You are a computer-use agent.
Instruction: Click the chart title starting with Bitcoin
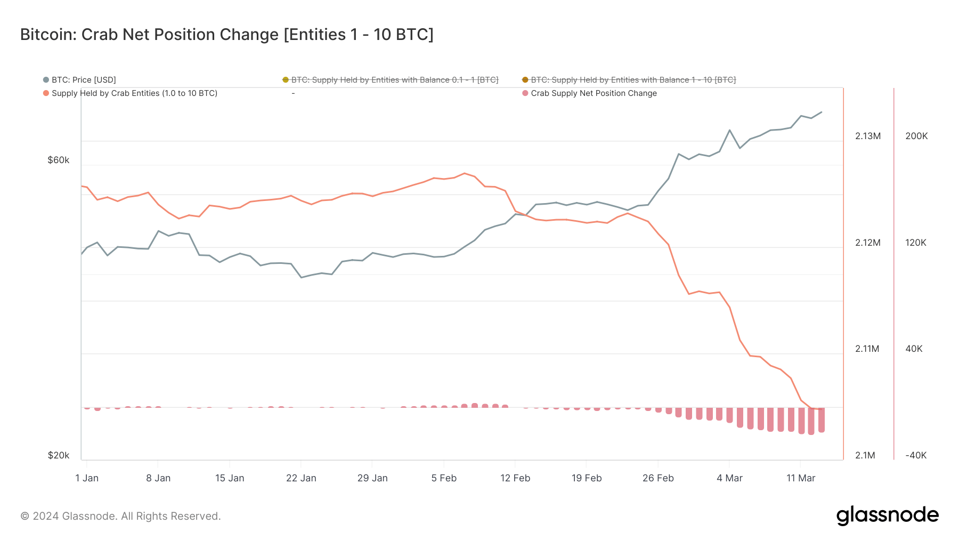click(x=226, y=35)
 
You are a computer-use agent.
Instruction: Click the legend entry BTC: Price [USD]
click(x=83, y=80)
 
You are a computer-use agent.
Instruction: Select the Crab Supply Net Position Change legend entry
click(x=593, y=93)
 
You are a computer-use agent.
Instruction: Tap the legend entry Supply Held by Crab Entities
click(x=134, y=93)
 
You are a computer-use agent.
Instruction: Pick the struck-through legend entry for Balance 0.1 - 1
click(x=394, y=80)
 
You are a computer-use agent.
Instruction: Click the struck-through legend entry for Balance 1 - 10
click(x=632, y=80)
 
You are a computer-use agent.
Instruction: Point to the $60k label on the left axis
click(x=59, y=160)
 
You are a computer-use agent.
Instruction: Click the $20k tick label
click(x=59, y=455)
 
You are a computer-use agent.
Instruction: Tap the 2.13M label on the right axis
click(x=867, y=136)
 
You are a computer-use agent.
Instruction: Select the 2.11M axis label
click(x=867, y=349)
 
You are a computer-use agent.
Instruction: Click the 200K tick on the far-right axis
click(x=916, y=136)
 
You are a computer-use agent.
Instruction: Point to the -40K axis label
click(x=916, y=455)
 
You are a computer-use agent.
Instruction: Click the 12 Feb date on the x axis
click(x=515, y=478)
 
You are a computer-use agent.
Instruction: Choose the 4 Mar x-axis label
click(x=729, y=478)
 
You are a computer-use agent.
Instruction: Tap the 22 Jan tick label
click(x=301, y=478)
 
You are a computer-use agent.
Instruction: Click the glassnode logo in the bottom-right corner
click(x=887, y=515)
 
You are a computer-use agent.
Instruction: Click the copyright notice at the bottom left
click(x=120, y=516)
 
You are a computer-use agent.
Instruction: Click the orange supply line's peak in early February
click(x=465, y=173)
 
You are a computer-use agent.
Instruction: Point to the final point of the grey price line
click(x=822, y=112)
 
